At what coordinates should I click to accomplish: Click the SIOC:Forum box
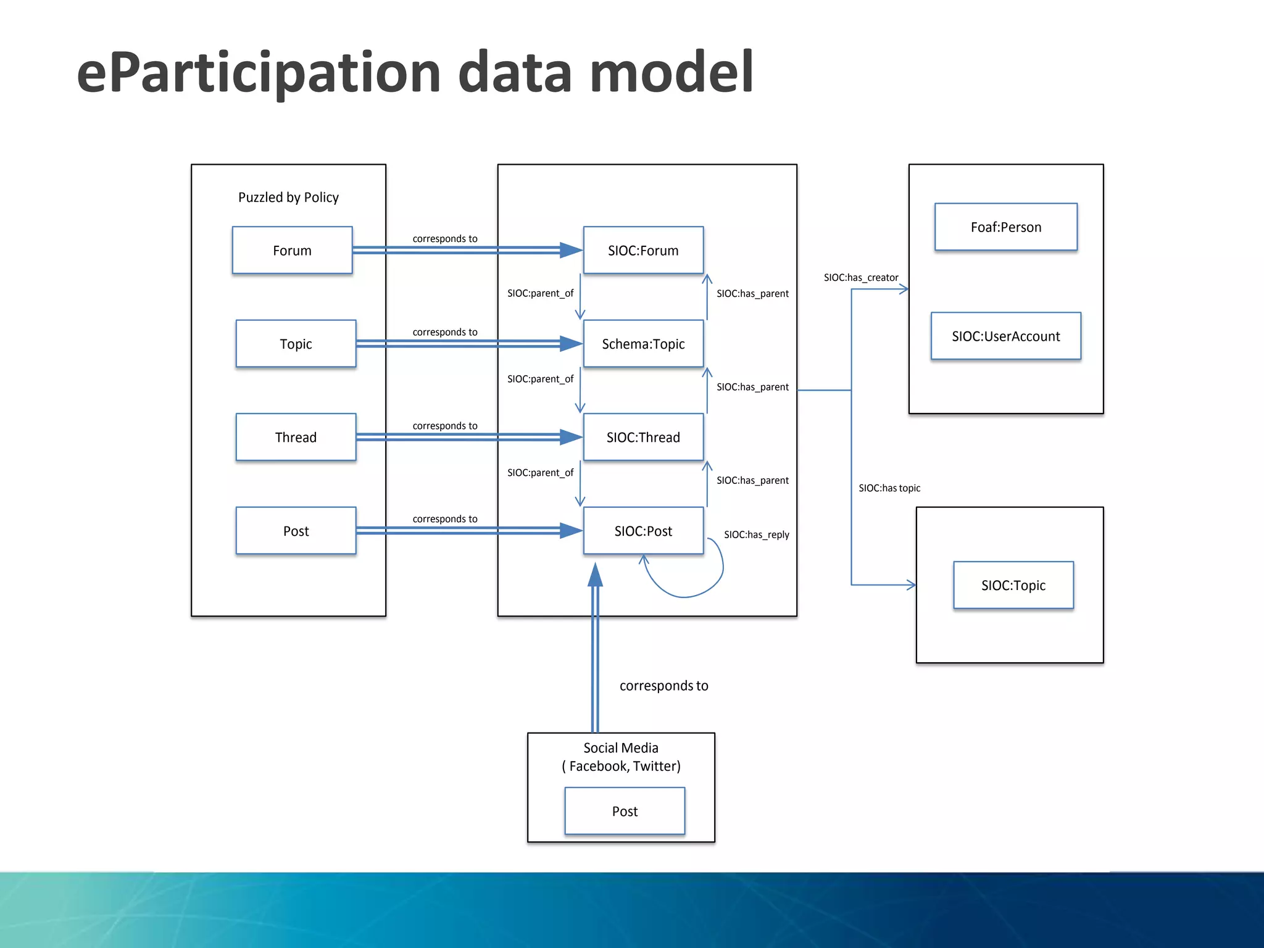pos(643,250)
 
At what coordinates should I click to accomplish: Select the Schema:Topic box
pos(643,344)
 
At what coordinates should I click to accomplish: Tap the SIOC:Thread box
pos(643,437)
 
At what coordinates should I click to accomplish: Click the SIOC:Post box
pos(643,531)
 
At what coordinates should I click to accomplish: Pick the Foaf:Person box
pos(1005,227)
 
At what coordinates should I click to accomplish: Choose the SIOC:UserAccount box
pos(1005,336)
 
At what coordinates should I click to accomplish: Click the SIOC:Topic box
pos(1013,585)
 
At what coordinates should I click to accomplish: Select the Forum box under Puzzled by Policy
pos(292,250)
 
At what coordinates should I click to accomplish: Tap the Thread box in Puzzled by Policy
pos(296,437)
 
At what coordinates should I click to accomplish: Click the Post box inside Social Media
pos(625,811)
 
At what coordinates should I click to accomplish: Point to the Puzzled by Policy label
pos(288,197)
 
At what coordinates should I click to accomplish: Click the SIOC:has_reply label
pos(756,534)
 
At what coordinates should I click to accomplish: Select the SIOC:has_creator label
pos(860,278)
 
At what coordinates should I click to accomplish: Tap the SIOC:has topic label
pos(889,488)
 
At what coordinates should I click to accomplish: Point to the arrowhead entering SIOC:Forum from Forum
pos(571,250)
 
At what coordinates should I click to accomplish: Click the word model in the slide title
pos(671,73)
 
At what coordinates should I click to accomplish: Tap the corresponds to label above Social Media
pos(663,686)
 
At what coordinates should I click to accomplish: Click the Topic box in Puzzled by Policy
pos(296,344)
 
